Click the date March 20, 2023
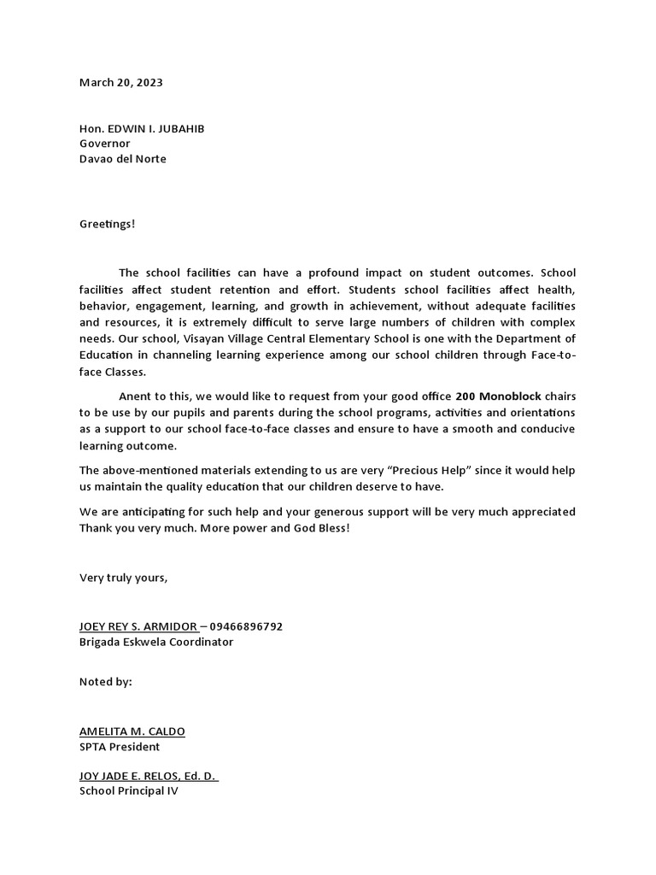click(x=120, y=83)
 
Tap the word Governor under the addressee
click(x=105, y=144)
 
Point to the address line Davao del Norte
click(x=123, y=159)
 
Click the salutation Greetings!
click(x=108, y=224)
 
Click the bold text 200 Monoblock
click(x=498, y=396)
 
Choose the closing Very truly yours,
click(x=124, y=578)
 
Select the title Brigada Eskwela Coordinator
click(x=156, y=642)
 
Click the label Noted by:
click(x=106, y=682)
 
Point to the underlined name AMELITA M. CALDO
click(x=132, y=731)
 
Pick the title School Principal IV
click(x=129, y=791)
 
